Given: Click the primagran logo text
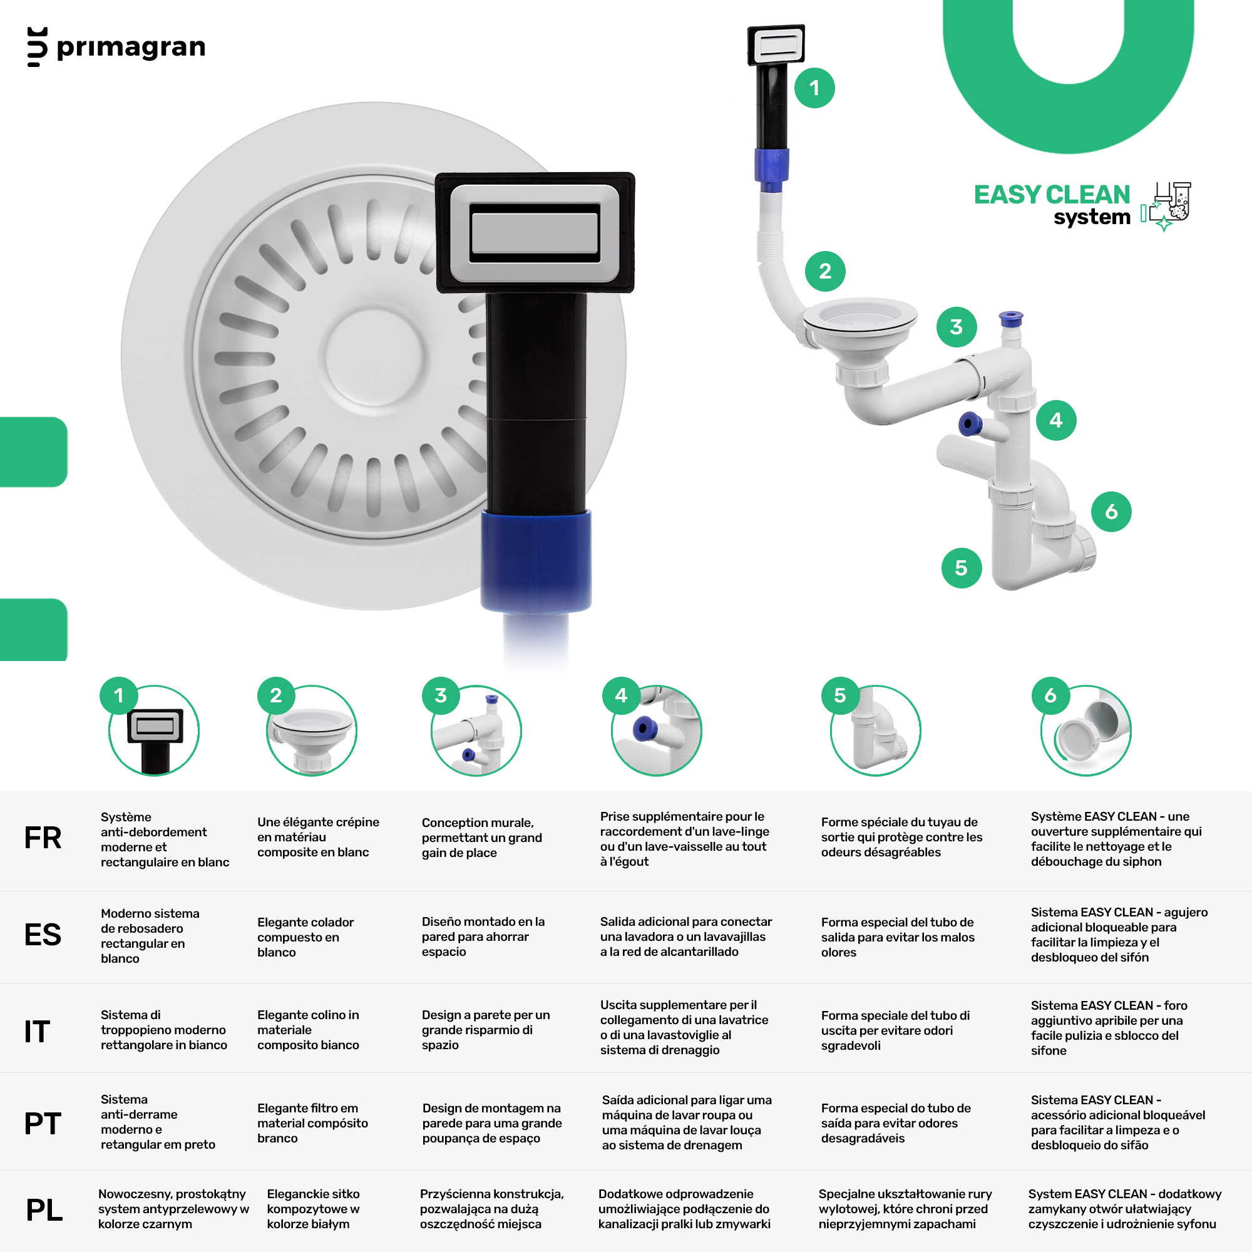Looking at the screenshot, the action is (x=131, y=48).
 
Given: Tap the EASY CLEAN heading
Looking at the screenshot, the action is (x=1051, y=195).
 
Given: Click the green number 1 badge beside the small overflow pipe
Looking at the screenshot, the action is (x=814, y=88).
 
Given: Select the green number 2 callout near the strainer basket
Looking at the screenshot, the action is (x=825, y=271).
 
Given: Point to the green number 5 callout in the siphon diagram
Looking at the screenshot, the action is (x=961, y=568).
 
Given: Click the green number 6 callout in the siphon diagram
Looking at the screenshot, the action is (x=1111, y=511).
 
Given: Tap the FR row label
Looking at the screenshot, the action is (x=43, y=838).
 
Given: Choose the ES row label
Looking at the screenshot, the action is (x=43, y=935).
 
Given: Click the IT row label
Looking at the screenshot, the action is (x=37, y=1032).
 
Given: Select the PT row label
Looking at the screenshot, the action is (x=43, y=1124).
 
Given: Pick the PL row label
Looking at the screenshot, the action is (x=44, y=1210).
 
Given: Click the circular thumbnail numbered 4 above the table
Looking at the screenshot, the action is (x=657, y=731).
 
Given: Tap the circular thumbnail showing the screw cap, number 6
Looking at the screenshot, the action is (x=1086, y=731).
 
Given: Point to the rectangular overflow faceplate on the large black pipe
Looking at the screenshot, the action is (x=535, y=233).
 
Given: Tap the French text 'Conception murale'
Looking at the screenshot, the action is (x=478, y=823).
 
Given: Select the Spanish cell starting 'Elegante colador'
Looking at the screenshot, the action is (x=306, y=937).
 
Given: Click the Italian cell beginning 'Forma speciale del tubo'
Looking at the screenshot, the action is (x=896, y=1030).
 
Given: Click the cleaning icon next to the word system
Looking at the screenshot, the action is (x=1166, y=206).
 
